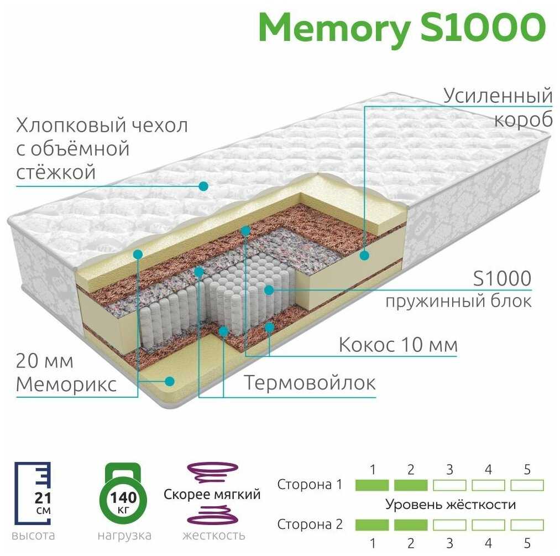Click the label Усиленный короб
498,107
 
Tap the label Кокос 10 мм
398,345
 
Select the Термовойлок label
309,383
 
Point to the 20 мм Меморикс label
66,373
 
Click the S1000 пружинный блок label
459,289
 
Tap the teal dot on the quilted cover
203,186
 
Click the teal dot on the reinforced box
364,255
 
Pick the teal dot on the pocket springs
269,290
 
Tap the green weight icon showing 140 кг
123,493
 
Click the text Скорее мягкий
212,494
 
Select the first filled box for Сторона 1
372,485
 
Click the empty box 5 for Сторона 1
527,485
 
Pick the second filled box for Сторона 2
411,524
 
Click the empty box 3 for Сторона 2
449,524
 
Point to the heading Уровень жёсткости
451,505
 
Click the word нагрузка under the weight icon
124,536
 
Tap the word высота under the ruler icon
33,536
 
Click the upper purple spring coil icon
213,472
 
